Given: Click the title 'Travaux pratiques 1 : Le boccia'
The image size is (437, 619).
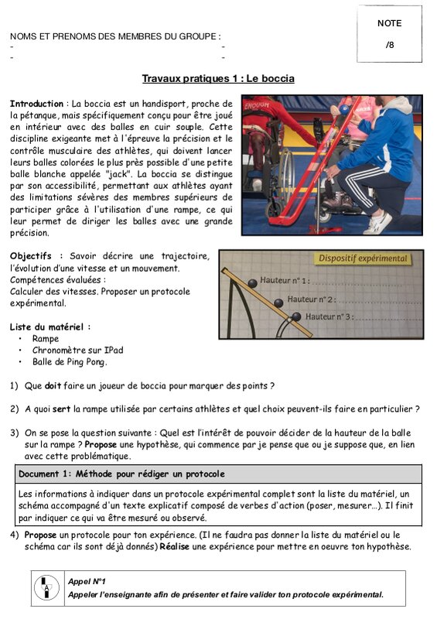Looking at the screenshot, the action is (218, 79).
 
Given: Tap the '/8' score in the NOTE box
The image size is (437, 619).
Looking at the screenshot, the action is (390, 45).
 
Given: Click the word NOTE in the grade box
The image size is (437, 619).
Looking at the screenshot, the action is (390, 23).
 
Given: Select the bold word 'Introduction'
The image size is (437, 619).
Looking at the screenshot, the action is (36, 104).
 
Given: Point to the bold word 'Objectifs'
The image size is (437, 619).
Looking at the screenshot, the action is (31, 256).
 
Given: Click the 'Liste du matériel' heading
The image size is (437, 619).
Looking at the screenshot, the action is (47, 327).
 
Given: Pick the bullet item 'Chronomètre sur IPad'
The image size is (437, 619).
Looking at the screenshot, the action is (78, 351).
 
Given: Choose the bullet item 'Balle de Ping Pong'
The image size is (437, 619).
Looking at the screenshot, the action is (69, 362).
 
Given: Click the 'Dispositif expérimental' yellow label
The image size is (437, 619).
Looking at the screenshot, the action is (363, 258).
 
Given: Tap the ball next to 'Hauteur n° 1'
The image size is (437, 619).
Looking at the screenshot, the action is (252, 283).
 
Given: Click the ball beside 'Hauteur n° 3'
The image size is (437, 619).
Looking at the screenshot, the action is (296, 316).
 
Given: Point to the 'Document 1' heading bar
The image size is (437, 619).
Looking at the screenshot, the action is (220, 474).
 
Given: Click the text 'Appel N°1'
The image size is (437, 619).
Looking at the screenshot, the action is (87, 582).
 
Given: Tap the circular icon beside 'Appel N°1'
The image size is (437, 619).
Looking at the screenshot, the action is (47, 588).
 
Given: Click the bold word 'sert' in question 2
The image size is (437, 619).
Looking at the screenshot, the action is (61, 409).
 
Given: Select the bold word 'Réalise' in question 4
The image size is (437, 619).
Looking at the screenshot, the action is (174, 547).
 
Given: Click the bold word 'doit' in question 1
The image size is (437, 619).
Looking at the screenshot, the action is (53, 385).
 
